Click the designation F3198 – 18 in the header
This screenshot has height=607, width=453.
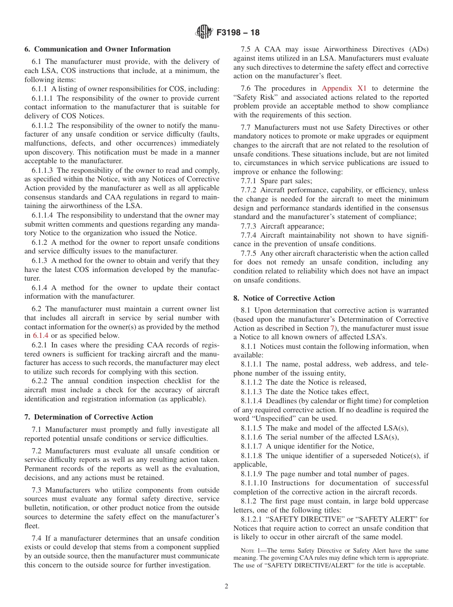[238, 33]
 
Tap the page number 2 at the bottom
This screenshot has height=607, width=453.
[226, 586]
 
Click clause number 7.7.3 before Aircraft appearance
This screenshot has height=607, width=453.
[248, 226]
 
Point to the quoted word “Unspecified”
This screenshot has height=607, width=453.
[278, 419]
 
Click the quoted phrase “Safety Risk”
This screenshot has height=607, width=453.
[254, 97]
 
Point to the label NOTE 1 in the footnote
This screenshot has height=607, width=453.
[253, 551]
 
